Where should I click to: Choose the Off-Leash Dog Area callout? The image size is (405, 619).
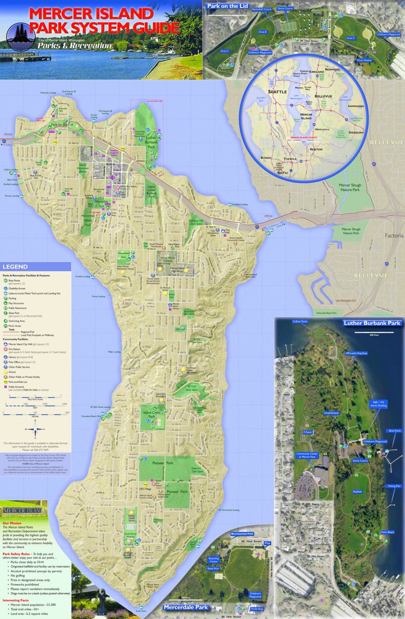(x=356, y=353)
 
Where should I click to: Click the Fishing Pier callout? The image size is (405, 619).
(x=394, y=485)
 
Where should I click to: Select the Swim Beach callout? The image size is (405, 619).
(x=387, y=532)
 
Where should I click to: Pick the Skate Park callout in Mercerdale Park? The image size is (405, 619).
(x=213, y=568)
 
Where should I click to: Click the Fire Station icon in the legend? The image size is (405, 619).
(x=5, y=349)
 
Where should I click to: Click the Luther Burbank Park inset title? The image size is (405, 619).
(x=372, y=323)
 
